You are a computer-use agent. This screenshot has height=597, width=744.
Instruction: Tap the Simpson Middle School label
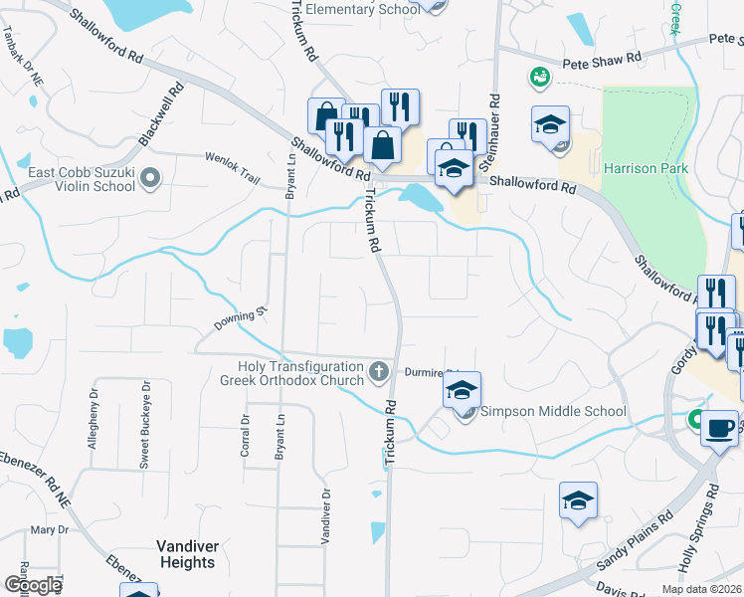(x=554, y=411)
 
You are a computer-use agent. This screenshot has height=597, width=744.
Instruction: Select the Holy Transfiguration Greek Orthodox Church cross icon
(x=378, y=372)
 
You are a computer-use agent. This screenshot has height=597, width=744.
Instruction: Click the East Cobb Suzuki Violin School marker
(x=150, y=179)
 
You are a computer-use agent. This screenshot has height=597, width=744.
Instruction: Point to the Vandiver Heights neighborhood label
(x=186, y=554)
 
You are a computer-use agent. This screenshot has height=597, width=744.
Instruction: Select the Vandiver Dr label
(x=325, y=515)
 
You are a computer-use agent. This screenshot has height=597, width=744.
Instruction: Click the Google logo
(x=33, y=584)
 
